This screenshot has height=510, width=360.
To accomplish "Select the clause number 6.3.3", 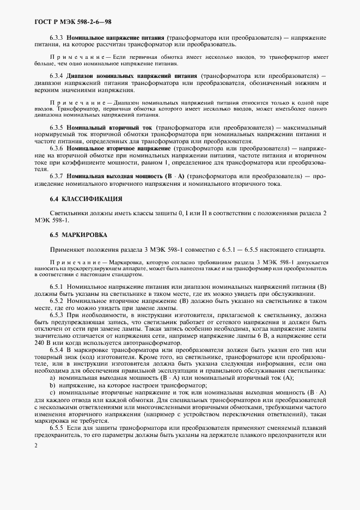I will point(57,38).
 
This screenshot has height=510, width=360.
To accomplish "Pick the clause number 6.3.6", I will point(57,148).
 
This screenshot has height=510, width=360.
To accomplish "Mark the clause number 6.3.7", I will point(57,176).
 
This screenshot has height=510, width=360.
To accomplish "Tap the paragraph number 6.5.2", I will point(57,301).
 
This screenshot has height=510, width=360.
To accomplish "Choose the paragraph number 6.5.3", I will point(57,315).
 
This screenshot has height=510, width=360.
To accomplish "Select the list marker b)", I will point(52,386).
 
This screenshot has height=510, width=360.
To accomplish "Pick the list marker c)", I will point(52,393).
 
